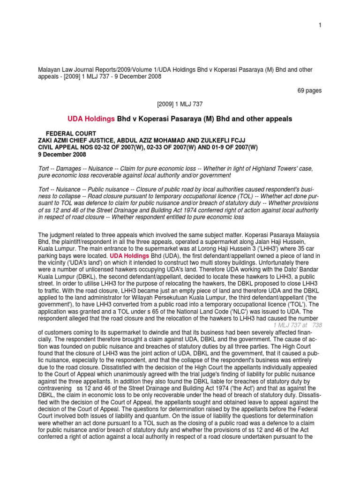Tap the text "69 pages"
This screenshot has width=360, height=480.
coord(309,90)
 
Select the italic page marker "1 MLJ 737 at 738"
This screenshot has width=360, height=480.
coord(297,325)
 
